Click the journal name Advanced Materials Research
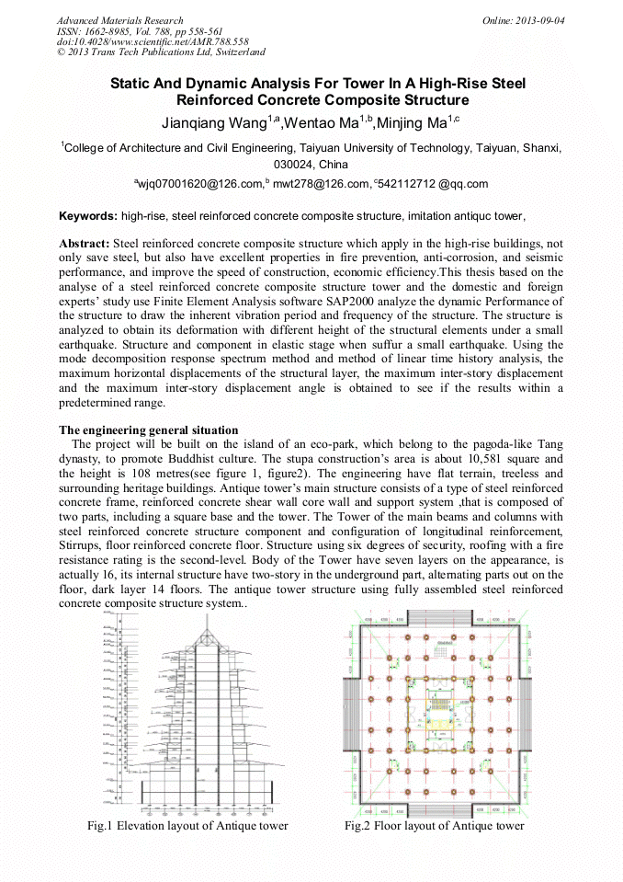tap(119, 20)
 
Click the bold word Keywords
tap(87, 216)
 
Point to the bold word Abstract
tap(84, 243)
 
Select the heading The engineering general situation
tap(149, 430)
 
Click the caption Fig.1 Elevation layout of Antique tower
tap(187, 826)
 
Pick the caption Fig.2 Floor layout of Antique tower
tap(435, 826)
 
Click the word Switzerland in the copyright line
tap(237, 52)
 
